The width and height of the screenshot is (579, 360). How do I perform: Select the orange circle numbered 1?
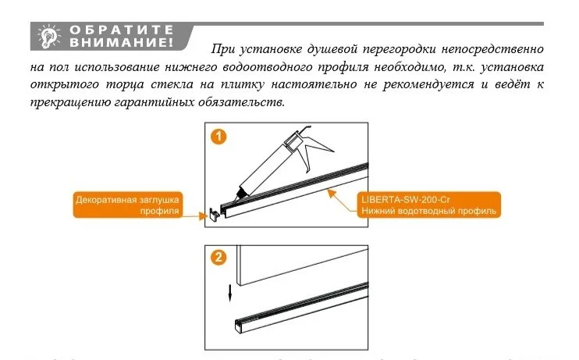(221, 137)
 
